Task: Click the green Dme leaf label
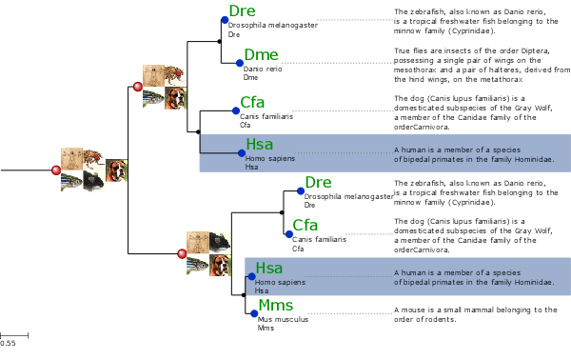pos(261,54)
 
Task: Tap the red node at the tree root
pos(55,170)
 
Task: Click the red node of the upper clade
pos(137,88)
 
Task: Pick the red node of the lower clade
pos(182,253)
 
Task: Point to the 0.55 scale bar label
pos(8,343)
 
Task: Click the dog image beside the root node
pos(116,170)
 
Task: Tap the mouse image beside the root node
pos(93,180)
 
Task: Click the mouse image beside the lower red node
pos(219,242)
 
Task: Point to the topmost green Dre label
pos(243,11)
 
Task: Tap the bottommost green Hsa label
pos(269,270)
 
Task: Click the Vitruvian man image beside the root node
pos(70,158)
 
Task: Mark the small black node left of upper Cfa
pos(197,131)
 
